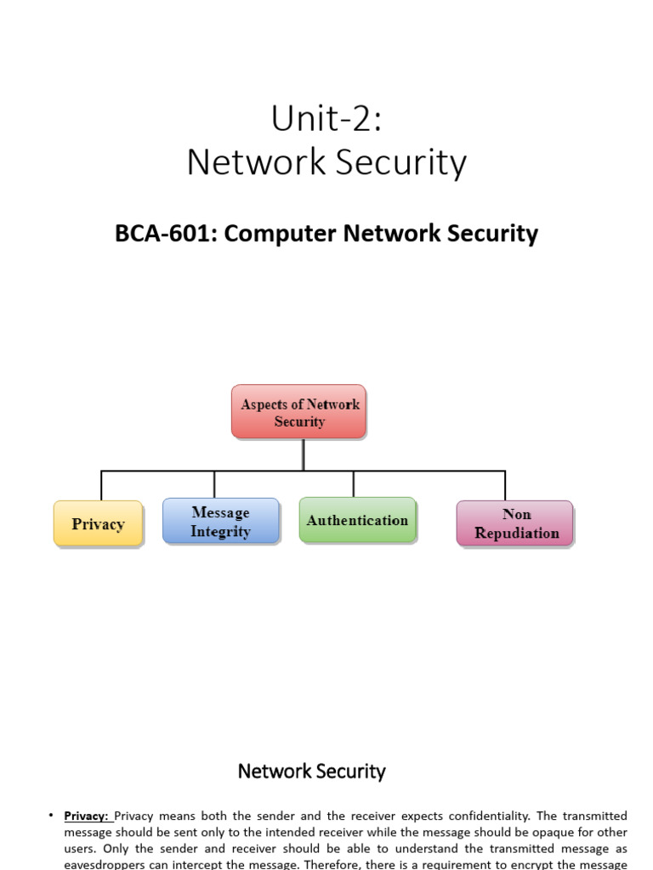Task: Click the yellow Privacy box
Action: click(98, 524)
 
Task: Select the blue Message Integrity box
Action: click(220, 522)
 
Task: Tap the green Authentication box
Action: click(357, 520)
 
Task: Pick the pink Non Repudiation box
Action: click(515, 523)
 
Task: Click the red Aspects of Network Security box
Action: click(299, 412)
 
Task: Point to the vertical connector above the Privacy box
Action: click(101, 485)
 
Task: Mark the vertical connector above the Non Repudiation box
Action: click(505, 485)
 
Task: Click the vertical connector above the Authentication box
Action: click(354, 483)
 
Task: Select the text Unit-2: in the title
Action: click(326, 119)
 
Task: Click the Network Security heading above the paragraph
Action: click(311, 771)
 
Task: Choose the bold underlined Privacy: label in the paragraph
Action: click(87, 816)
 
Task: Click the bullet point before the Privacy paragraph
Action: click(51, 816)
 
